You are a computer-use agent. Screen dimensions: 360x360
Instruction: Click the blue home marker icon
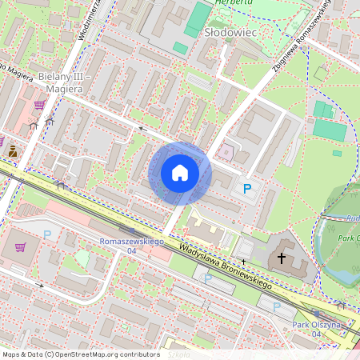[180, 173]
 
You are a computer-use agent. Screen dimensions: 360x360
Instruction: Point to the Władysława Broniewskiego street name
[226, 266]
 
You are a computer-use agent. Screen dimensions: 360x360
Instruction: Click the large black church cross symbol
[281, 258]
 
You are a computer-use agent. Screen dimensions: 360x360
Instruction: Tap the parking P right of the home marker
[247, 189]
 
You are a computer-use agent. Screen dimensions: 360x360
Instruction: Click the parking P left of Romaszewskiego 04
[47, 234]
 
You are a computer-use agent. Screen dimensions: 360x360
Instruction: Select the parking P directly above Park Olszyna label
[277, 306]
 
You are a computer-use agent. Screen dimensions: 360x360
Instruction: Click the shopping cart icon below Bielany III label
[39, 104]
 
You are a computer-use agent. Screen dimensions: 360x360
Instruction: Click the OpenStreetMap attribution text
[81, 354]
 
